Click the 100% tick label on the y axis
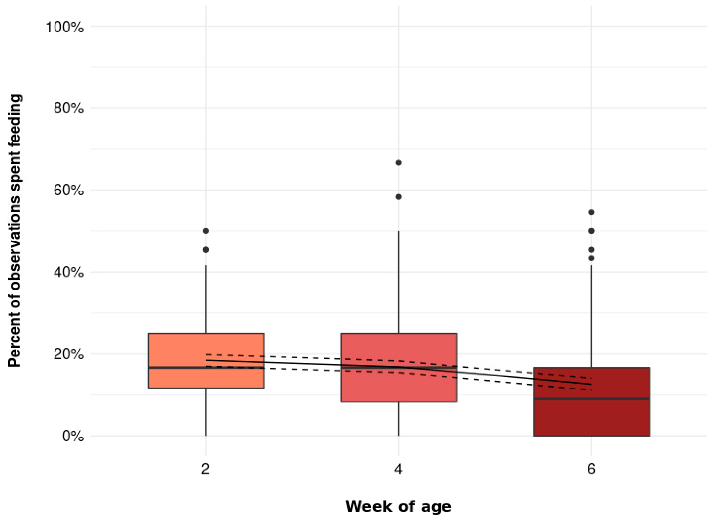click(x=65, y=27)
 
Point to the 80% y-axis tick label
click(x=68, y=108)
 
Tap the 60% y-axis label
click(x=68, y=190)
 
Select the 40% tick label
click(x=68, y=272)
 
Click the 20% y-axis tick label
click(x=68, y=354)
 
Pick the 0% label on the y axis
click(x=73, y=436)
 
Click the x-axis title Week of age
click(x=398, y=507)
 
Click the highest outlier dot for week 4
click(x=399, y=163)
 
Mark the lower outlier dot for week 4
click(x=399, y=197)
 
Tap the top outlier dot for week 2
click(x=206, y=231)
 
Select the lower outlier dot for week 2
click(x=206, y=250)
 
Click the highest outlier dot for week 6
click(x=591, y=212)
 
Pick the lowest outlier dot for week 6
click(x=591, y=258)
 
